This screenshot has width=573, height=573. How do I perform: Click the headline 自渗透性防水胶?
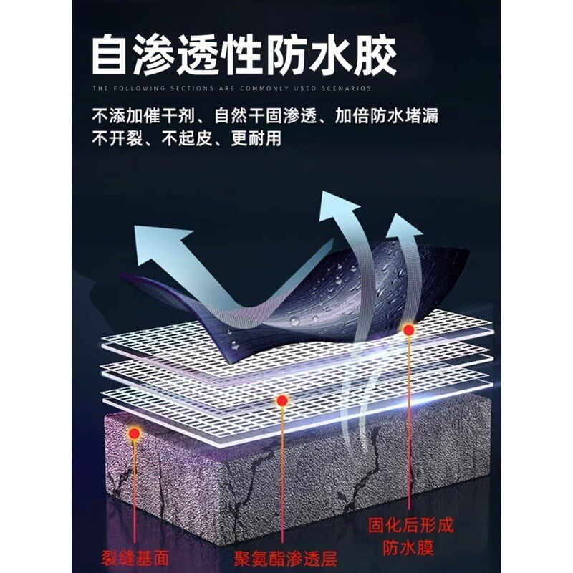click(x=244, y=56)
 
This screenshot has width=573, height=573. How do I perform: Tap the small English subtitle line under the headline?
click(x=231, y=89)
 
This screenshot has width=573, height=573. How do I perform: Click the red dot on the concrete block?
click(x=133, y=433)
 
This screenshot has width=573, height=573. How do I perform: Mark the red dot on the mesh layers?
click(x=283, y=400)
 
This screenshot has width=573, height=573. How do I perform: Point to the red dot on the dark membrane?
click(x=408, y=330)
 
